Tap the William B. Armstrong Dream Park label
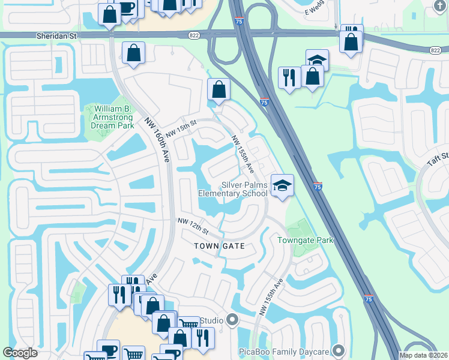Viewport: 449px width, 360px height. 111,117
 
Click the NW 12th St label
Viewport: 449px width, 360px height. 192,227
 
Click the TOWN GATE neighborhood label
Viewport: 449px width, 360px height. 219,247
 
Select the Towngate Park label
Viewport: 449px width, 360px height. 305,241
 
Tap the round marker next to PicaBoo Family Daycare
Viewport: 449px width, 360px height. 340,349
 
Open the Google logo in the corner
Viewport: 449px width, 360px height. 20,353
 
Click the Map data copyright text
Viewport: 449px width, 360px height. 423,355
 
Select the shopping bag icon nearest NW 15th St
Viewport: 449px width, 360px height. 219,90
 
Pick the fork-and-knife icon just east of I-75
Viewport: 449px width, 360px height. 289,77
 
